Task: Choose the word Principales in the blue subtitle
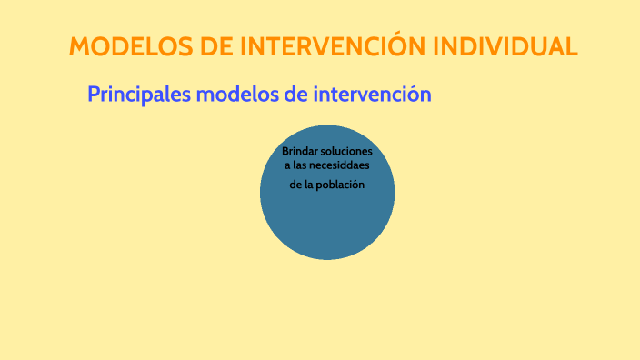click(138, 94)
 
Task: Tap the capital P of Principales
click(93, 94)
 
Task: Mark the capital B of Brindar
click(285, 150)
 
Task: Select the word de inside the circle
click(295, 185)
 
